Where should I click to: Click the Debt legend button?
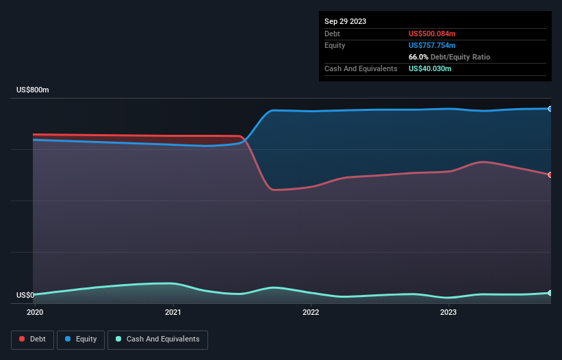32,339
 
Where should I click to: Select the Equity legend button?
81,339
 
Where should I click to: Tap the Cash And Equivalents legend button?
157,339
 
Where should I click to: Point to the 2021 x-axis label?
173,313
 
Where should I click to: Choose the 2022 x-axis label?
311,313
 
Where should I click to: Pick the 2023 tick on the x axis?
448,313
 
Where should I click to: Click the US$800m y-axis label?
33,90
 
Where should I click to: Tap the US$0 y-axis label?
25,296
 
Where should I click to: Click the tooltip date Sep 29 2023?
346,21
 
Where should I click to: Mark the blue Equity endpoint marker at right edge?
550,109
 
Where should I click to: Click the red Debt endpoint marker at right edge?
550,175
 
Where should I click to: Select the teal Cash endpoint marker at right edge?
550,293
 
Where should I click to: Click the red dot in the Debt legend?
23,339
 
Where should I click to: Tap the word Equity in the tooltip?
335,45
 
